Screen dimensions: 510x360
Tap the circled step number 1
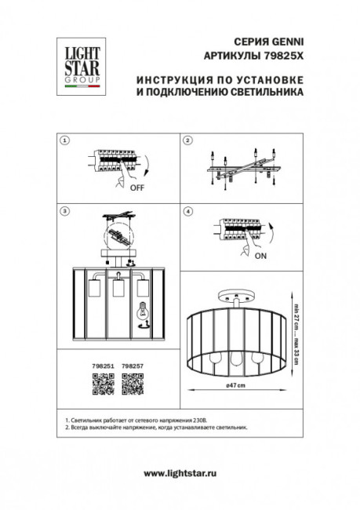click(64, 140)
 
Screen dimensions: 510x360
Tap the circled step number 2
click(187, 140)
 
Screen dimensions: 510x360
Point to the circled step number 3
click(64, 211)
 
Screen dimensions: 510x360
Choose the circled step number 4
click(187, 211)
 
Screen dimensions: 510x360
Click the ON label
click(261, 255)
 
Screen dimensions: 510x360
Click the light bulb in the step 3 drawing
click(144, 311)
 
